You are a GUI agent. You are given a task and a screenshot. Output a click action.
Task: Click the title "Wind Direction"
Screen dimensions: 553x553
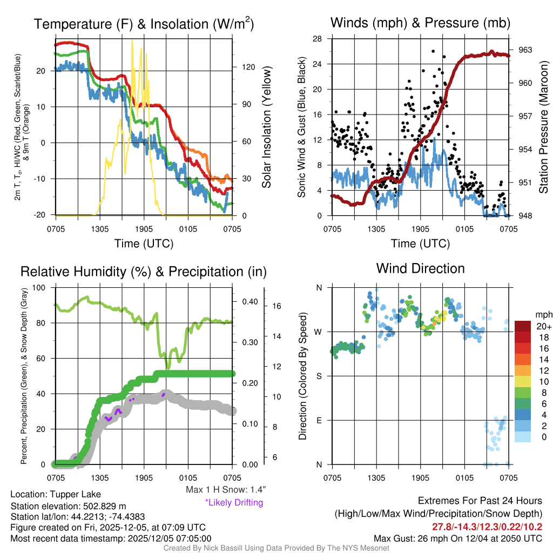[420, 268]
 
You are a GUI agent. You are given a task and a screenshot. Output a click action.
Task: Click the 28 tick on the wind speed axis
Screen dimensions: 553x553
[318, 39]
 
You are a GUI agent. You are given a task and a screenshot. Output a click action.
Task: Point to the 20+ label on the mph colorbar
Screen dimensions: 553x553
[542, 326]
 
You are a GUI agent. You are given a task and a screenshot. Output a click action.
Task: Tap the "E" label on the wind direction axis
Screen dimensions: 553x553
[319, 420]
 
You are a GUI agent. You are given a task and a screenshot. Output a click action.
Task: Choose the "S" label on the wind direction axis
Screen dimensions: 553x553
[319, 376]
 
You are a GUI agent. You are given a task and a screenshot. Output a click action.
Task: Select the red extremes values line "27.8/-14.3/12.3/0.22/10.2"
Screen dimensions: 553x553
[487, 527]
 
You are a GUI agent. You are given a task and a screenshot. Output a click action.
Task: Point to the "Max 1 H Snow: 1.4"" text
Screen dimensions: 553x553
[226, 490]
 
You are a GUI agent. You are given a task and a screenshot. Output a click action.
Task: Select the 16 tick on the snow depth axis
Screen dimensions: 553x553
[278, 306]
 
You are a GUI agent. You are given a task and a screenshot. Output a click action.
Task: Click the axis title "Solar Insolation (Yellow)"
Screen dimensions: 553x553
[266, 127]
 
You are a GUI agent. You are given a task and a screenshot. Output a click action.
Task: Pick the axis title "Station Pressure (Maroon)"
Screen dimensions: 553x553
[544, 127]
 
